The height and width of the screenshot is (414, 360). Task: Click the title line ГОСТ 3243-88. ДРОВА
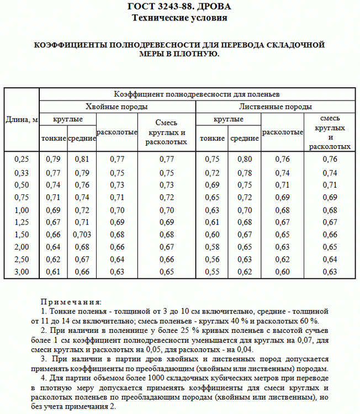pyautogui.click(x=179, y=7)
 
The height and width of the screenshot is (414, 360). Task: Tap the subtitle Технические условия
pyautogui.click(x=179, y=18)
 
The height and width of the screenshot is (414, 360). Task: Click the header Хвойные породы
pyautogui.click(x=117, y=106)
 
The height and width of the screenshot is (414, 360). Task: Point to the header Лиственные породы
pyautogui.click(x=276, y=106)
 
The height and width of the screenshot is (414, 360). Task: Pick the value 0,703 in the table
pyautogui.click(x=82, y=234)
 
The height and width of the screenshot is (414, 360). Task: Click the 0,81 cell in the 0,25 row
pyautogui.click(x=82, y=159)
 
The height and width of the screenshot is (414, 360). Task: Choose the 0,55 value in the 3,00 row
pyautogui.click(x=212, y=272)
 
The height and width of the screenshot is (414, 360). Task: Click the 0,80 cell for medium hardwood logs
pyautogui.click(x=245, y=159)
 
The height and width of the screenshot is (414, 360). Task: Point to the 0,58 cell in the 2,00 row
pyautogui.click(x=212, y=247)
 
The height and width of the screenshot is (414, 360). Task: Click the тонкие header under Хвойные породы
pyautogui.click(x=54, y=139)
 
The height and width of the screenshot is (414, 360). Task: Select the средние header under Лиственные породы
pyautogui.click(x=245, y=139)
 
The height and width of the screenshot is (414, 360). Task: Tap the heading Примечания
pyautogui.click(x=71, y=302)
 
